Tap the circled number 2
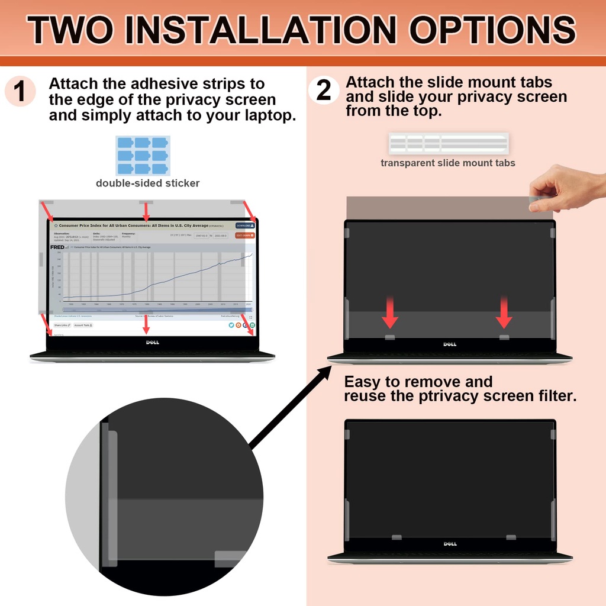(x=324, y=91)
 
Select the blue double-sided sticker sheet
(x=143, y=155)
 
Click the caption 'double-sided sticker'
(x=147, y=183)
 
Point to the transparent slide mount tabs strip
(x=448, y=144)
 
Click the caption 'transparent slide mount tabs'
(x=447, y=163)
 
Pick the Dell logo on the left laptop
(x=152, y=343)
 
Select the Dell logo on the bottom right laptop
(x=450, y=544)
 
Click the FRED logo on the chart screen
(x=57, y=247)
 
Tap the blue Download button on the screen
(x=245, y=225)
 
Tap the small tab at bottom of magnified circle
(x=231, y=558)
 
